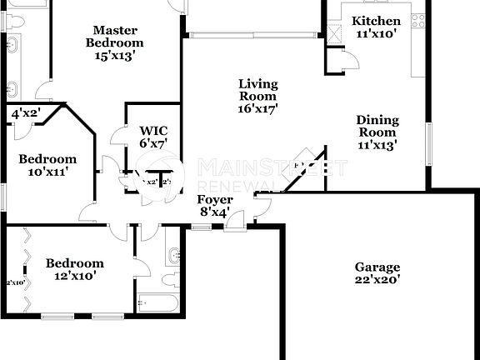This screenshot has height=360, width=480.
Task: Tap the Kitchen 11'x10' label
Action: (376, 27)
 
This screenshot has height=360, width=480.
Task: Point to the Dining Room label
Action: (377, 132)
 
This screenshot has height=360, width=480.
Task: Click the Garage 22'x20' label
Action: (377, 273)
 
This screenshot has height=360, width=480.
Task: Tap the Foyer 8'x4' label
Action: (213, 206)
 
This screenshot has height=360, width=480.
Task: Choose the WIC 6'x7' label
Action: (153, 137)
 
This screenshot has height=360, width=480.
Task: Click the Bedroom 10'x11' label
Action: (47, 165)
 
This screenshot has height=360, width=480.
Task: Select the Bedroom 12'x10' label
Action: (74, 269)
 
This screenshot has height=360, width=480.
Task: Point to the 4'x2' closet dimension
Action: (26, 113)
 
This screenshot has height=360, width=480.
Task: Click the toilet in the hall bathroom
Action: (169, 278)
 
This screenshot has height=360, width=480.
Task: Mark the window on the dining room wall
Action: (430, 145)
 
